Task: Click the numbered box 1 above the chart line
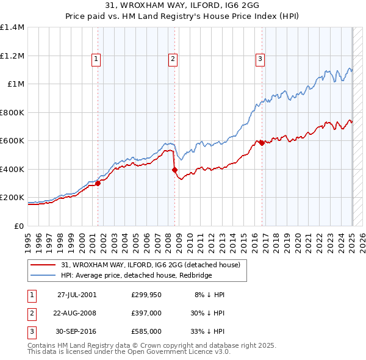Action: (96, 59)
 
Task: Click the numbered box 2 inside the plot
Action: (173, 59)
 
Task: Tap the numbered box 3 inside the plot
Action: (260, 59)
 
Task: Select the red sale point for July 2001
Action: (98, 183)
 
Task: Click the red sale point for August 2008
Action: (174, 170)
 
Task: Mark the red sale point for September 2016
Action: (262, 143)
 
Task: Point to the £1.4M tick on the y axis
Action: (12, 27)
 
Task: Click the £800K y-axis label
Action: (12, 112)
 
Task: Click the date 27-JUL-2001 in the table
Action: (77, 295)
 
